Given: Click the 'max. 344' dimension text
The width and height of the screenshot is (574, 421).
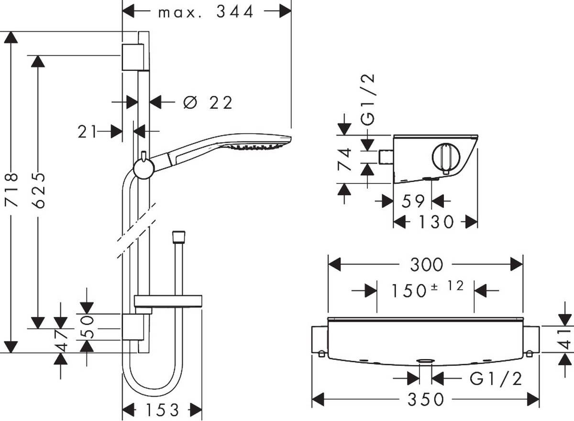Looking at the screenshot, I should (x=206, y=12).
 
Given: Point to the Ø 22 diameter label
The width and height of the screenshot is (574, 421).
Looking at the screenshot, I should (x=208, y=102).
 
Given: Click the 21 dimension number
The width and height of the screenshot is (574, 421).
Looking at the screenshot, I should (x=88, y=131).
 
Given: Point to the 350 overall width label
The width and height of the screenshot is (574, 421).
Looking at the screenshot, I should (x=426, y=398).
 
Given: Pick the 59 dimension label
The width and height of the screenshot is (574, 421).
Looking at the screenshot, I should (x=412, y=201).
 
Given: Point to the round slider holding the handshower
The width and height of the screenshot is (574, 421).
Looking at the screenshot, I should (x=143, y=168).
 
